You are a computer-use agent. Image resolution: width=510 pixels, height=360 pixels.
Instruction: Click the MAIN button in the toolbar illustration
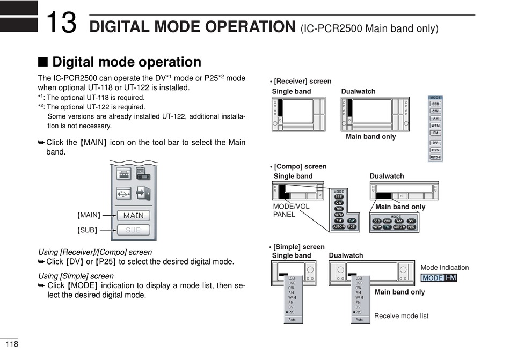(x=134, y=215)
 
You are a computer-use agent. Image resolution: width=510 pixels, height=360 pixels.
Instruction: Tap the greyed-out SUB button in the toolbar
(x=134, y=230)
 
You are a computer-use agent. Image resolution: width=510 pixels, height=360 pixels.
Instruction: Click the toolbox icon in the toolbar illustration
(x=124, y=174)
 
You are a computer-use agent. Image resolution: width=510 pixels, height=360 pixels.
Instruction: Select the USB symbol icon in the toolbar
(x=124, y=193)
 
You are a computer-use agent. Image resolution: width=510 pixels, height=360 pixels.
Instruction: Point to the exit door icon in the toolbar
(x=143, y=193)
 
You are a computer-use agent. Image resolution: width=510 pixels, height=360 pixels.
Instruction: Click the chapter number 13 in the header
(x=61, y=23)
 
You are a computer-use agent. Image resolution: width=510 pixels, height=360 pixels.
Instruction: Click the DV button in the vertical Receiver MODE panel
(x=435, y=143)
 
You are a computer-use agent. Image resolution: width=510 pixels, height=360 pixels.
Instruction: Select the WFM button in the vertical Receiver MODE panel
(x=435, y=126)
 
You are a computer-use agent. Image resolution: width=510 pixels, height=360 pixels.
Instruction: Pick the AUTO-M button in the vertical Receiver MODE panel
(x=435, y=157)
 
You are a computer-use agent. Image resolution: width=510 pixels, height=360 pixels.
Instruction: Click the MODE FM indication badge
(x=439, y=278)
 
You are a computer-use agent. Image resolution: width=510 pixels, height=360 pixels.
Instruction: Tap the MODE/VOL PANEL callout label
(x=290, y=210)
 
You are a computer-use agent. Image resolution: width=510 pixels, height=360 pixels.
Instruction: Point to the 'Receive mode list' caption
(x=401, y=316)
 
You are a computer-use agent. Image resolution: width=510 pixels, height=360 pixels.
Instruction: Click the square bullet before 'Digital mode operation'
(x=42, y=63)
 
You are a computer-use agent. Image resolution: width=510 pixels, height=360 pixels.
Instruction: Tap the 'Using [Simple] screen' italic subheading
(x=76, y=276)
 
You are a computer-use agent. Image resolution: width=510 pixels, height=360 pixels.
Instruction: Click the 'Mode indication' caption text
(x=445, y=268)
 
